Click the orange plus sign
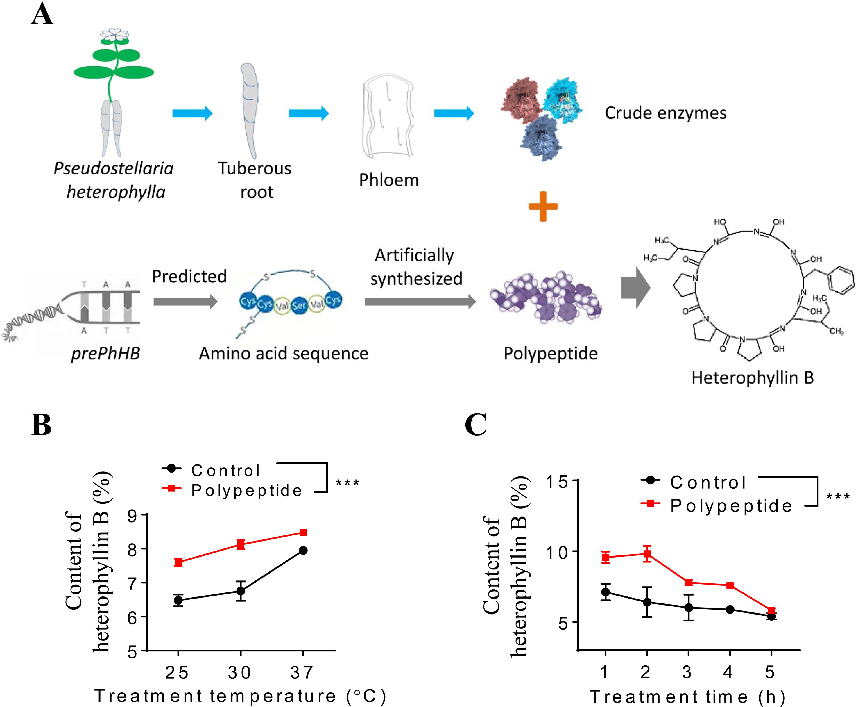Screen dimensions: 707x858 click(543, 206)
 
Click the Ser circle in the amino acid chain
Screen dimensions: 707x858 click(299, 304)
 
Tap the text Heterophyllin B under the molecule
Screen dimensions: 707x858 click(752, 377)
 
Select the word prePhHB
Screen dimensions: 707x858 click(105, 353)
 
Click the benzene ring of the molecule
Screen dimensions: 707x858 click(841, 279)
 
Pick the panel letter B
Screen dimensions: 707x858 click(41, 425)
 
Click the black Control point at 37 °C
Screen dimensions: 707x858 click(303, 551)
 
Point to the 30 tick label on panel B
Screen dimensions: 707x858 click(240, 672)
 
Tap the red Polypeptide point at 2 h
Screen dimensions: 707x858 click(647, 554)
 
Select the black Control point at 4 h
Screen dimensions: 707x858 click(730, 610)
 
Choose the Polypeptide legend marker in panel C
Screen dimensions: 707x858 click(651, 503)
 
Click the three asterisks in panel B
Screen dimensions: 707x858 click(347, 483)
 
